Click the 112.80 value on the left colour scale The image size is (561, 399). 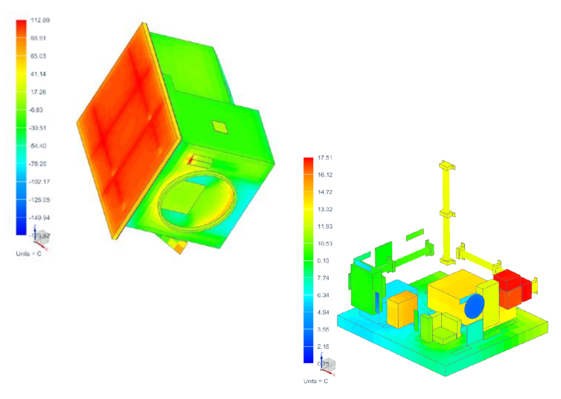pyautogui.click(x=40, y=21)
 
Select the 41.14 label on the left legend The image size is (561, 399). pyautogui.click(x=39, y=74)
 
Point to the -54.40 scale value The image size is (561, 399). pyautogui.click(x=39, y=146)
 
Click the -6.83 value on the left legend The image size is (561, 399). pyautogui.click(x=39, y=110)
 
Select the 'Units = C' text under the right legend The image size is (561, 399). pyautogui.click(x=316, y=381)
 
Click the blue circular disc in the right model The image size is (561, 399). pyautogui.click(x=474, y=306)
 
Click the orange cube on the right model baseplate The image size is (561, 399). pyautogui.click(x=401, y=310)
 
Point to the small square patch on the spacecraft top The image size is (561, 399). pyautogui.click(x=220, y=127)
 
